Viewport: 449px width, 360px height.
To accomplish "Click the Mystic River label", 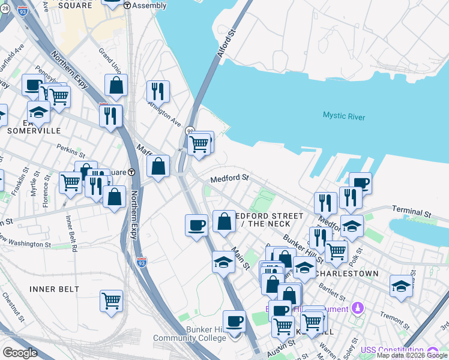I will point(343,116).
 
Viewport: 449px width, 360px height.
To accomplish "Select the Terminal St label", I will point(411,213).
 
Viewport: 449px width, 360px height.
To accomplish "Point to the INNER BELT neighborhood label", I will point(55,289).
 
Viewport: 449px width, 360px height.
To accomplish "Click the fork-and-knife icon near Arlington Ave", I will point(158,91).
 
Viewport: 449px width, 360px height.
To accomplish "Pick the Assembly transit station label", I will point(148,5).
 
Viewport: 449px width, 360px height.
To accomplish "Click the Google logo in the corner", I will point(20,353).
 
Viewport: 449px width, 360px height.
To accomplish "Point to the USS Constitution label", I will point(390,350).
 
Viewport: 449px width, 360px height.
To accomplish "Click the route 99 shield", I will point(190,131).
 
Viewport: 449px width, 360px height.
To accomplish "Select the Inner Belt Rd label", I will point(71,235).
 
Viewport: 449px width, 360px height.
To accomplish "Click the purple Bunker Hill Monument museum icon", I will point(358,308).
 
